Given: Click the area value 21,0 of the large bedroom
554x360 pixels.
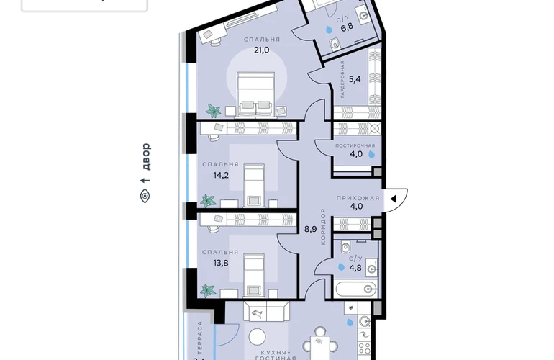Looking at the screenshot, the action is pos(261,50).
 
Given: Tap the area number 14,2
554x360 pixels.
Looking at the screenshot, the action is pos(221,175).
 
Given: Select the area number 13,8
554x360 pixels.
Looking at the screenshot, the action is pos(220,263).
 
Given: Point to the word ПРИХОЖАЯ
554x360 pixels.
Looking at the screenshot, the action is pos(358,198).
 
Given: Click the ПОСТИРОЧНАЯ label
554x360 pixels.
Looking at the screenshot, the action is pos(355,145).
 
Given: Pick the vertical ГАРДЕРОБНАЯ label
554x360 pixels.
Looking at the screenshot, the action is pos(342,79).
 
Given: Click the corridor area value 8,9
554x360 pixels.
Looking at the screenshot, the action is pos(311,229).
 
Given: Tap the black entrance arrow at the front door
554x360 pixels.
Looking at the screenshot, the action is pos(393,199).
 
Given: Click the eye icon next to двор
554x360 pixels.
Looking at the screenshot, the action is pos(145,196).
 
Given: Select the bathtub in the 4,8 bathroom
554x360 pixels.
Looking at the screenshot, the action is pos(356,289).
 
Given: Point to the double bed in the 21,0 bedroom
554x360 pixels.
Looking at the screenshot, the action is pos(255,94).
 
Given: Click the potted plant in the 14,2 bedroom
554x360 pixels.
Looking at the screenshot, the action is pos(208,200).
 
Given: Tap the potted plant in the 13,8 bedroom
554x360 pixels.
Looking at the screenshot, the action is pos(208,290).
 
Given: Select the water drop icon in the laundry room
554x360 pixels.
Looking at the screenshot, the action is pos(371,154).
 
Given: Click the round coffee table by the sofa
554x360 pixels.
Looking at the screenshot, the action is pos(258,337).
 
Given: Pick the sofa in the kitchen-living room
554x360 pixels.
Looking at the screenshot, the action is pos(266,311).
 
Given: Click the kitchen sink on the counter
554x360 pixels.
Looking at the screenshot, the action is pos(364,321).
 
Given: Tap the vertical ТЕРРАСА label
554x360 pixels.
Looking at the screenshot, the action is pos(200,338).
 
